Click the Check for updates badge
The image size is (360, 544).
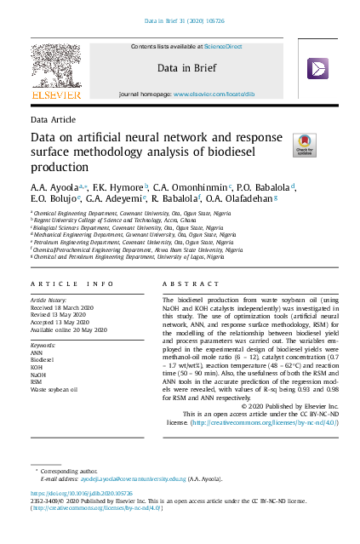coord(304,143)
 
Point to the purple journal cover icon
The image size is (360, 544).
coord(317,68)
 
